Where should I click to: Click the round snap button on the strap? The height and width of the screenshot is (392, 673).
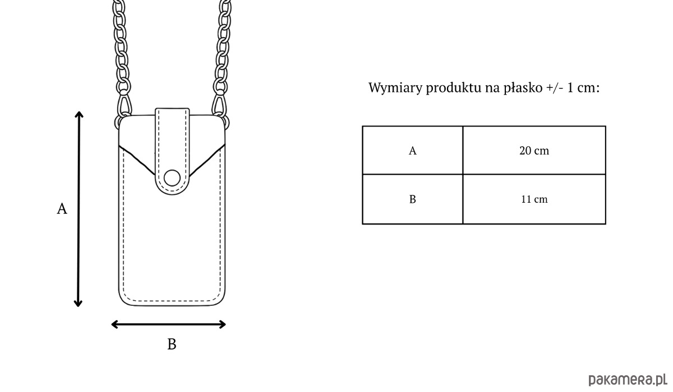(172, 178)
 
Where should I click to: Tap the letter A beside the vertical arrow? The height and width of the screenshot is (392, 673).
(62, 208)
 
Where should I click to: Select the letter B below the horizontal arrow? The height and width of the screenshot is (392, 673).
(172, 344)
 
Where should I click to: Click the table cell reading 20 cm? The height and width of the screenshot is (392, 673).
(534, 150)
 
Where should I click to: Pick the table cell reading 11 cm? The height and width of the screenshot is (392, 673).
(534, 199)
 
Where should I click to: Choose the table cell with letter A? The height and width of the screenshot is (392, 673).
(413, 150)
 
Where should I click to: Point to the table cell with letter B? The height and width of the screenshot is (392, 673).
(413, 199)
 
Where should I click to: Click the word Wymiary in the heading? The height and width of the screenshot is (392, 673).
(395, 88)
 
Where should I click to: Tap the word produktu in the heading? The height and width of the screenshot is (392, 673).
(454, 88)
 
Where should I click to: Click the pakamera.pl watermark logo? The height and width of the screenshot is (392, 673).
(628, 380)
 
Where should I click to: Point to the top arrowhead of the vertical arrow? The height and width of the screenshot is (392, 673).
(79, 115)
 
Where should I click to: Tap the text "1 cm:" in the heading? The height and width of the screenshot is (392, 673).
(583, 88)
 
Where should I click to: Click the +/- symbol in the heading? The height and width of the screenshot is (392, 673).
(555, 88)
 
